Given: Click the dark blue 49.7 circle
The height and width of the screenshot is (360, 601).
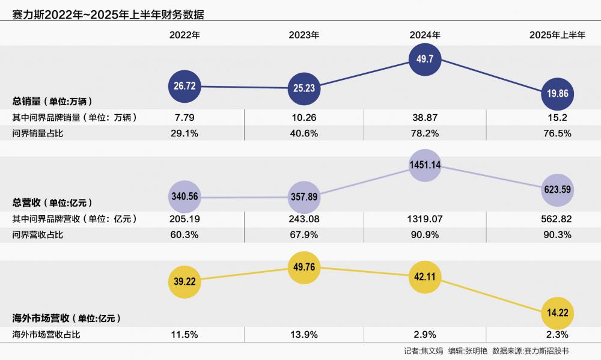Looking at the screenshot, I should click(x=425, y=59).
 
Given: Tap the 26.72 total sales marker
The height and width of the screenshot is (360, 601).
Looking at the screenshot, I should click(x=185, y=86).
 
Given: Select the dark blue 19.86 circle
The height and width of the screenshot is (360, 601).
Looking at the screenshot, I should click(x=557, y=94).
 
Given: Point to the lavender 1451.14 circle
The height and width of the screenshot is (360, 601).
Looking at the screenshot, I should click(x=425, y=165).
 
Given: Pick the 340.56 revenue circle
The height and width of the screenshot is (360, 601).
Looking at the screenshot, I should click(x=185, y=196).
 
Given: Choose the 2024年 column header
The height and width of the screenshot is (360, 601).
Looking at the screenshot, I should click(x=425, y=35).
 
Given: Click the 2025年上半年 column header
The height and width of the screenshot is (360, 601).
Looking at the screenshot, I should click(x=557, y=35).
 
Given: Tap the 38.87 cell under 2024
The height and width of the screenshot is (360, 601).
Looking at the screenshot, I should click(x=425, y=117).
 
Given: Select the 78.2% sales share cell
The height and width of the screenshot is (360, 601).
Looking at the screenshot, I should click(x=425, y=133).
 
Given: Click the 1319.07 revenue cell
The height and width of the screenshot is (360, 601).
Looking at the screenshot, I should click(x=425, y=219).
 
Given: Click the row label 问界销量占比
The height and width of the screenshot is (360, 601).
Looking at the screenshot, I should click(x=38, y=133).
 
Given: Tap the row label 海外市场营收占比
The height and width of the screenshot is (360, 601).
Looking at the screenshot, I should click(x=46, y=335).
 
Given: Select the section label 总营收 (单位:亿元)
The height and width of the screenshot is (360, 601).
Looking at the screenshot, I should click(x=52, y=203).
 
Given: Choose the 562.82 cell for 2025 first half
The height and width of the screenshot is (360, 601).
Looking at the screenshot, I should click(x=557, y=219).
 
